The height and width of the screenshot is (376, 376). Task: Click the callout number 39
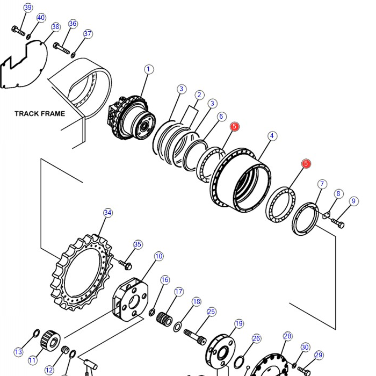click(x=28, y=8)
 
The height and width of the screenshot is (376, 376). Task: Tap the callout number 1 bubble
click(x=149, y=69)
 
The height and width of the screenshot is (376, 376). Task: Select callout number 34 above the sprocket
click(x=108, y=213)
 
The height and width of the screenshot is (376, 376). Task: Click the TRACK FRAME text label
click(x=40, y=113)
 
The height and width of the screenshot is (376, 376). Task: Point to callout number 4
click(x=272, y=136)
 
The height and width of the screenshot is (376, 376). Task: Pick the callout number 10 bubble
click(x=159, y=256)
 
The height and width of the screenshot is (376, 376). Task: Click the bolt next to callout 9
click(x=338, y=223)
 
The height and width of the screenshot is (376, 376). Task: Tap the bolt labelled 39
click(x=18, y=31)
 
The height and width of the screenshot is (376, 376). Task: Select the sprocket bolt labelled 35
click(x=126, y=265)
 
